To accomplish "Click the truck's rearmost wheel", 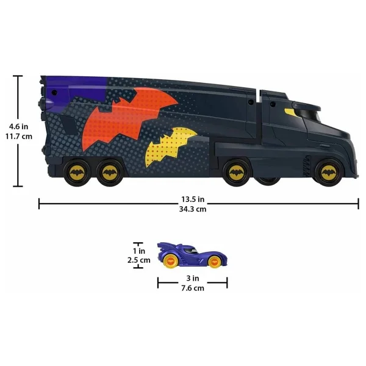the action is pyautogui.click(x=77, y=173).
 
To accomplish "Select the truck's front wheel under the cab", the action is pyautogui.click(x=329, y=173).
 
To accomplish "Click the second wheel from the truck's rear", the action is pyautogui.click(x=110, y=173).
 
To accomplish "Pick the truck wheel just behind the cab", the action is pyautogui.click(x=236, y=173).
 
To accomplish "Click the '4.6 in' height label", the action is pyautogui.click(x=19, y=127).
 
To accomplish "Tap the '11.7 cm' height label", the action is pyautogui.click(x=19, y=136).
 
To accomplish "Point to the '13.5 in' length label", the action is pyautogui.click(x=193, y=199).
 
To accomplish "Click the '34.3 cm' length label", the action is pyautogui.click(x=193, y=209).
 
